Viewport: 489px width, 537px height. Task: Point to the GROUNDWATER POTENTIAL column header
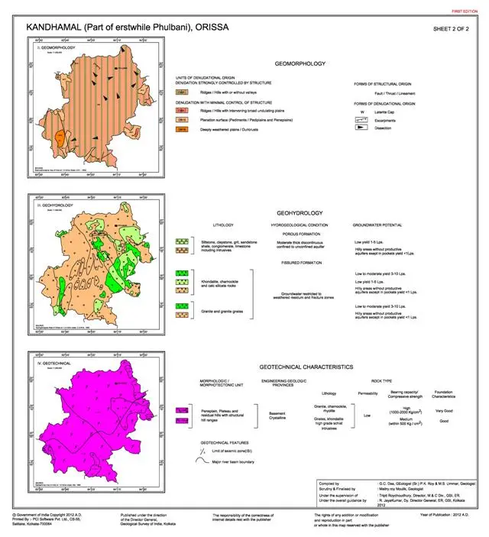click(378, 226)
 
